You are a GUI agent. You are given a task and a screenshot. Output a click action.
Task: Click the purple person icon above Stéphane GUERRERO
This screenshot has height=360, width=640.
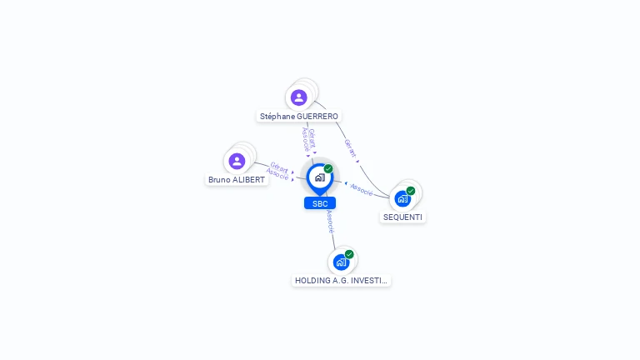(x=299, y=97)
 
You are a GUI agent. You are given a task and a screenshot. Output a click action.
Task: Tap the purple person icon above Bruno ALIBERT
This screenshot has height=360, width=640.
(x=237, y=161)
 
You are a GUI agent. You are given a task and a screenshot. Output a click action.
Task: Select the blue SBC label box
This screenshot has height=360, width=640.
(x=320, y=203)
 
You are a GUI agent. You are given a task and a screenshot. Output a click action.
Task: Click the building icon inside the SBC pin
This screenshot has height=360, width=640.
(x=320, y=177)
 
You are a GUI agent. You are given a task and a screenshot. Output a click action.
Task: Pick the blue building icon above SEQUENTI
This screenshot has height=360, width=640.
(x=402, y=199)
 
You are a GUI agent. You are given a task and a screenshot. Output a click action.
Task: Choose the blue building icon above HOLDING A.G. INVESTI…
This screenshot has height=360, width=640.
(x=341, y=262)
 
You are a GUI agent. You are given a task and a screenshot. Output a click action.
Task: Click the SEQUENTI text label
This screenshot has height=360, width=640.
(x=402, y=217)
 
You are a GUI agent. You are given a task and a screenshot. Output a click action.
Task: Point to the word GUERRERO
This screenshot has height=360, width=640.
(x=317, y=117)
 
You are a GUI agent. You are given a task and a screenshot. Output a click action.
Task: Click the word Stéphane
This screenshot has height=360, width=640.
(x=277, y=117)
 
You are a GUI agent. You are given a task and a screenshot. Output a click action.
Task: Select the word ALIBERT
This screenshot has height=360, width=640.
(x=248, y=180)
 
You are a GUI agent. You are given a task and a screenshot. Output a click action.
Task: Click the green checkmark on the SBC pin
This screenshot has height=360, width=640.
(x=328, y=168)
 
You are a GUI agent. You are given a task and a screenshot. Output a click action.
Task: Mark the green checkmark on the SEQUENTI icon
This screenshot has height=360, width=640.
(x=411, y=191)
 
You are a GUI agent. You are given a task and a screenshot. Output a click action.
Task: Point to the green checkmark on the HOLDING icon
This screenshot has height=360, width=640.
(x=349, y=254)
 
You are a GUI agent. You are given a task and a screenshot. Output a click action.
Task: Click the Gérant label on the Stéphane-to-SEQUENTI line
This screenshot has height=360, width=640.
(x=350, y=148)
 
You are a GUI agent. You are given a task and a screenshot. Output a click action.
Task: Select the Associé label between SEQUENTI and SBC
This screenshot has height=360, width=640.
(x=362, y=190)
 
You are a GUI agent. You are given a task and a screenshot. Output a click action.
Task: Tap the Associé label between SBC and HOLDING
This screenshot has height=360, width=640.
(x=330, y=222)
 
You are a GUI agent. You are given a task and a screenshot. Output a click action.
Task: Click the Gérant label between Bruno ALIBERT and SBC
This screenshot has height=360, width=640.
(x=280, y=167)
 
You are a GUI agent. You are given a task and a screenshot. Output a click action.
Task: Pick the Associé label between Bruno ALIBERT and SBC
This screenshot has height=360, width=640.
(x=277, y=174)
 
